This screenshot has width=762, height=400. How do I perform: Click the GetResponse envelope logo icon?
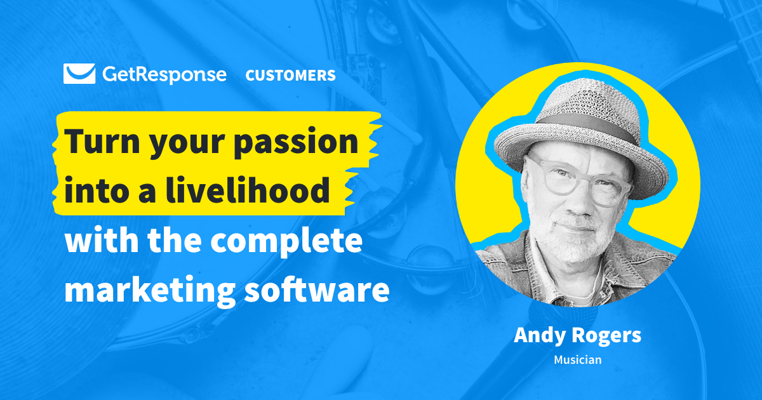[79, 74]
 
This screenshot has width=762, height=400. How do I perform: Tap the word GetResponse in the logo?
[163, 75]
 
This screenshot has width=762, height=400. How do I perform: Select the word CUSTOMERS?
[290, 76]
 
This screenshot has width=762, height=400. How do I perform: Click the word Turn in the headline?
[102, 142]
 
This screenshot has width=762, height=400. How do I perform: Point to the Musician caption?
[577, 360]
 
